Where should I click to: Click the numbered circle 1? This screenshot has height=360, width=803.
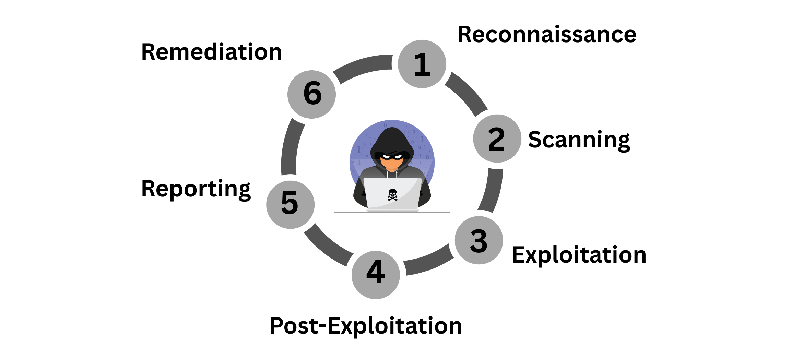pyautogui.click(x=422, y=64)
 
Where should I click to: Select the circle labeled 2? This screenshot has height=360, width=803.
pyautogui.click(x=497, y=139)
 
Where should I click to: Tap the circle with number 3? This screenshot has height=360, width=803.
pyautogui.click(x=479, y=240)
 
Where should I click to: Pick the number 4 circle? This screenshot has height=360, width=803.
pyautogui.click(x=376, y=275)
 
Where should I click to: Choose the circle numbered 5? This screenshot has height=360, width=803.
pyautogui.click(x=290, y=205)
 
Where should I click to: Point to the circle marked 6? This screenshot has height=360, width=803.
pyautogui.click(x=311, y=94)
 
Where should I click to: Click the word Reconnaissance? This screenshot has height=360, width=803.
pyautogui.click(x=547, y=35)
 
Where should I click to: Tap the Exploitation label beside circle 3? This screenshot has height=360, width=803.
pyautogui.click(x=579, y=255)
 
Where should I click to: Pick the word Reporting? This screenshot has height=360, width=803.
pyautogui.click(x=196, y=189)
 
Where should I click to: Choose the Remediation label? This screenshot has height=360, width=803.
pyautogui.click(x=211, y=52)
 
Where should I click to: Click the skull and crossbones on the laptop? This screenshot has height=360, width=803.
pyautogui.click(x=392, y=195)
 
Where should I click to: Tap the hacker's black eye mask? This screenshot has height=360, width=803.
pyautogui.click(x=392, y=156)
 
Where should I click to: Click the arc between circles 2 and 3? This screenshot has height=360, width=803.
pyautogui.click(x=492, y=191)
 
